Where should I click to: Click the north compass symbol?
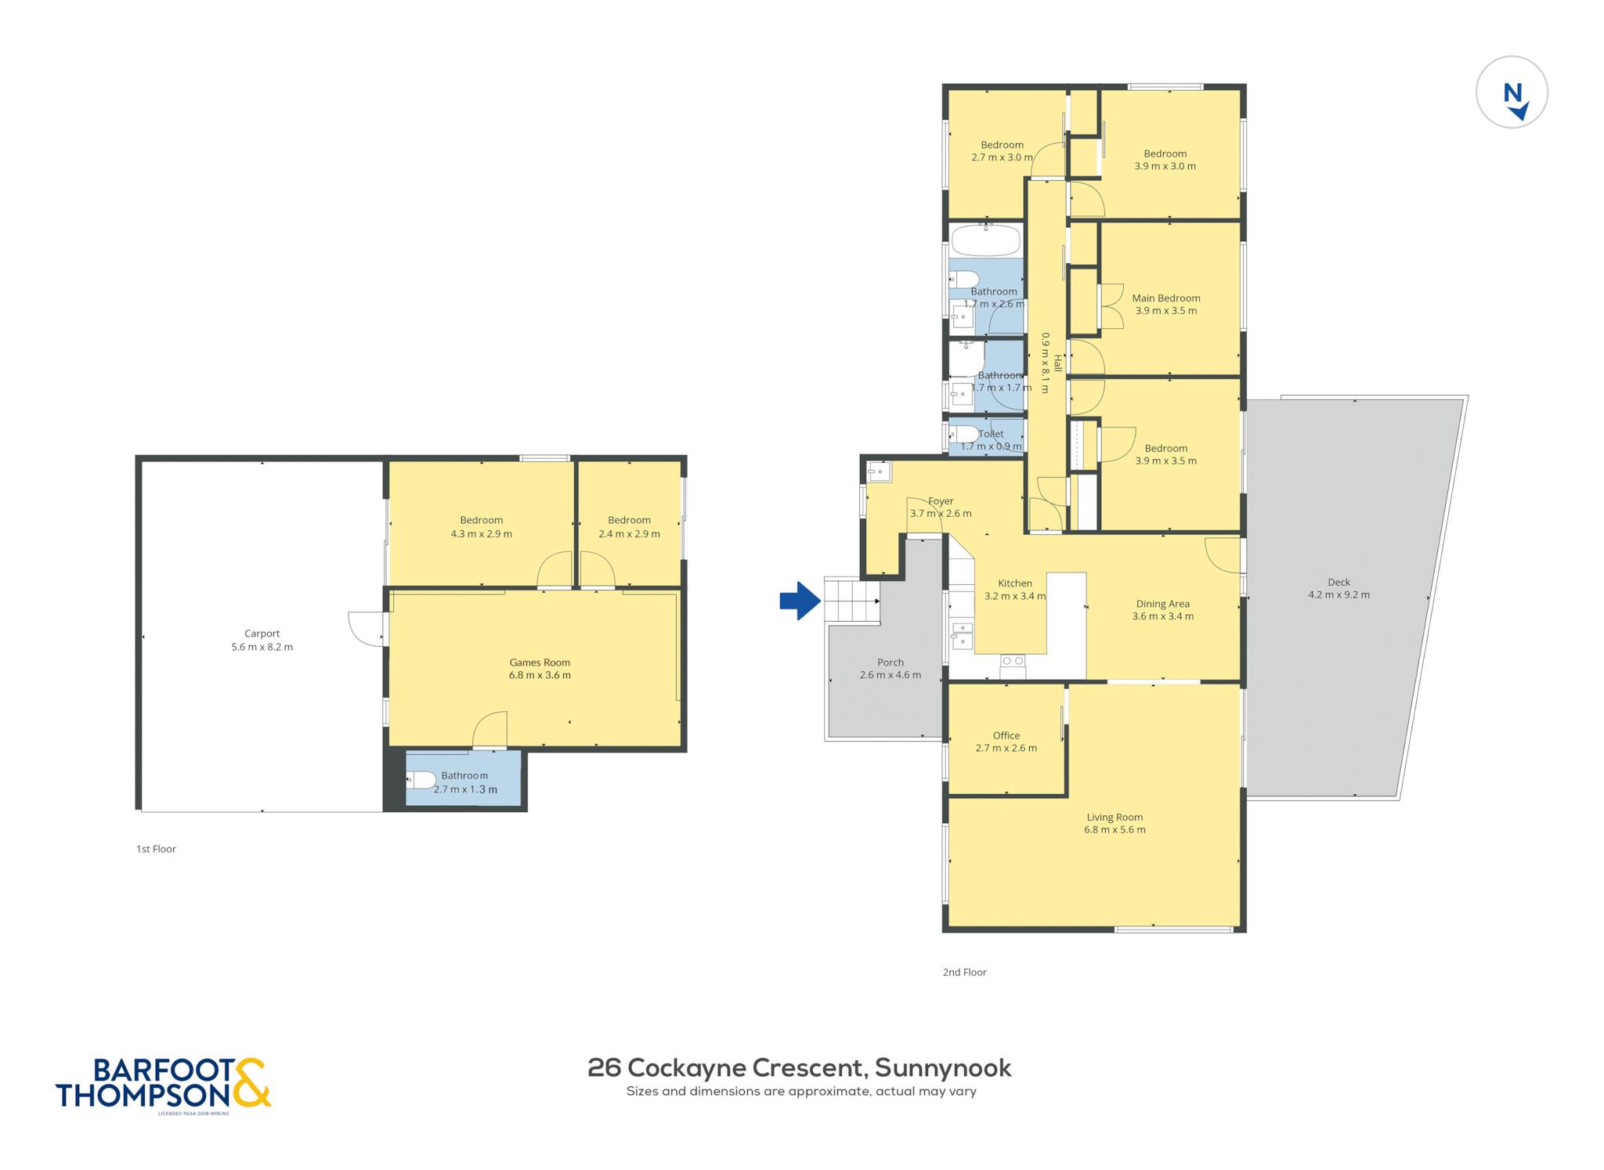coord(1512,92)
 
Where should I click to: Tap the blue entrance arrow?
coord(800,601)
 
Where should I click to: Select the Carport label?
coord(262,634)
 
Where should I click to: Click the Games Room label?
coord(540,663)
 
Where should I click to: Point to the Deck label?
coord(1339,582)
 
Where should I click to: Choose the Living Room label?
coord(1114,817)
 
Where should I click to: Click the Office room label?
coord(1006,735)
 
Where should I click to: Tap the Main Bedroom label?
coord(1166,298)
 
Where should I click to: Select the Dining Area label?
coord(1163,604)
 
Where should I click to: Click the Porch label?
coord(891,662)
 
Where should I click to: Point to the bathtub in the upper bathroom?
coord(985,240)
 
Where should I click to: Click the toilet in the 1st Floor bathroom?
coord(421,779)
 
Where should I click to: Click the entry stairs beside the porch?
coord(852,601)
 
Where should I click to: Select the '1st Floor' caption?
coord(156,849)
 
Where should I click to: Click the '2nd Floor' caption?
coord(964,972)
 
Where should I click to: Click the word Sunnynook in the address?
coord(943,1067)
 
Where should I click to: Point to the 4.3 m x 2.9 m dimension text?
coord(481,534)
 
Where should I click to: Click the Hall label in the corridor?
coord(1057,363)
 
